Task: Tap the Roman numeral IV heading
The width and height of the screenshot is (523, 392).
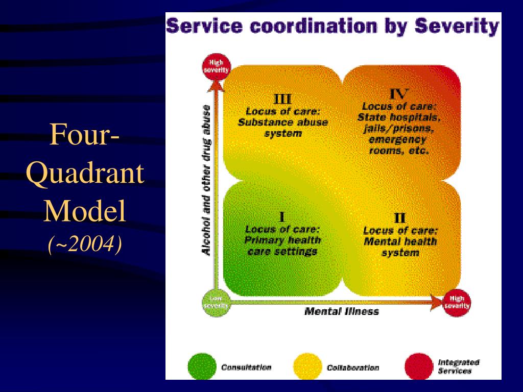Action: tap(399, 94)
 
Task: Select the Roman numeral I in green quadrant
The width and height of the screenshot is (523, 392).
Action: tap(282, 216)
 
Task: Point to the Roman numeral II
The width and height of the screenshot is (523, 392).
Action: tap(400, 218)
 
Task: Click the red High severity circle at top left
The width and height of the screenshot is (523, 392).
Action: tap(216, 66)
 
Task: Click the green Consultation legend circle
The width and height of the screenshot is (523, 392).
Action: tap(201, 367)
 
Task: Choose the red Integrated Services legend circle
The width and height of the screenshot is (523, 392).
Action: tap(418, 367)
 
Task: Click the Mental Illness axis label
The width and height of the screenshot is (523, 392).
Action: tap(341, 311)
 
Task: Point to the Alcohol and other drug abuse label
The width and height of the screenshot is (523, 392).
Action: tap(207, 180)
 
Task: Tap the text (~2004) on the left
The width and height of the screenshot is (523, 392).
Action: tap(85, 246)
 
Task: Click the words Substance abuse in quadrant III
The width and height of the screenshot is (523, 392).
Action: tap(282, 122)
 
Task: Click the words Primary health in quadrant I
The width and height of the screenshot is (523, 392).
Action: tap(282, 240)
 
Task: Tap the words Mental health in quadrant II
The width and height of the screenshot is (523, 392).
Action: tap(400, 241)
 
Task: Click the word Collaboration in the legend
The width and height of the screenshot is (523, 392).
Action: tap(352, 367)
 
